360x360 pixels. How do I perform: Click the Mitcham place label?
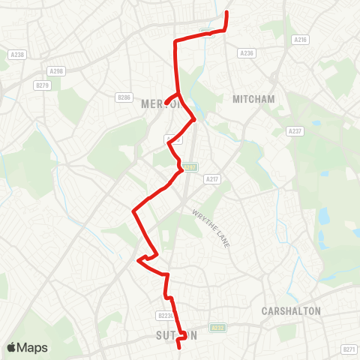coord(253,99)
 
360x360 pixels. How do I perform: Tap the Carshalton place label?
coord(291,310)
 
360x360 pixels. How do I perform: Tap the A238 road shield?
coord(18,54)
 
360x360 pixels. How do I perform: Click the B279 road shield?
coord(42,85)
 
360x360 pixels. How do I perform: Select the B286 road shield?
coord(124,97)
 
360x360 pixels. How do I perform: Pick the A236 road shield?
coord(246,53)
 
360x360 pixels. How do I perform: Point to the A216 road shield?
coord(301,39)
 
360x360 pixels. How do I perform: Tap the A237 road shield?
coord(295,130)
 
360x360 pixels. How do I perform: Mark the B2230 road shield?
coord(166,316)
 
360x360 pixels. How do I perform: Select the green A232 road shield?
coord(218,327)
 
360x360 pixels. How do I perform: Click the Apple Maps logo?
coord(27,347)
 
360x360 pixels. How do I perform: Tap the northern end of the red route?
coord(227,13)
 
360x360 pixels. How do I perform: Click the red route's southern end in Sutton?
coord(179,347)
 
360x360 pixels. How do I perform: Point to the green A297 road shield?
coord(192,167)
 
